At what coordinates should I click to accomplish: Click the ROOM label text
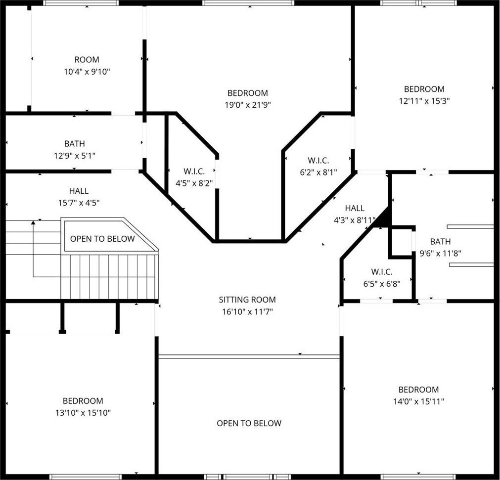pos(87,60)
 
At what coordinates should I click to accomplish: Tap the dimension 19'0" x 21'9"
pos(248,105)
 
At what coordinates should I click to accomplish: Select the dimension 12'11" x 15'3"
pos(424,101)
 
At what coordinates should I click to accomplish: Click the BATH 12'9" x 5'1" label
pos(75,149)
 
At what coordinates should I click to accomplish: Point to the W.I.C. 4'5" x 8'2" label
pos(194,177)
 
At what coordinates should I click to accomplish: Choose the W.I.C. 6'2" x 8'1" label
pos(318,166)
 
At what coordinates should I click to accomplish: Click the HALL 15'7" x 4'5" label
pos(79,197)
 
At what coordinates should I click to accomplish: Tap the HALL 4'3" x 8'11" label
pos(355,214)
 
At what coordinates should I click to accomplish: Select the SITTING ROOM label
pos(247,300)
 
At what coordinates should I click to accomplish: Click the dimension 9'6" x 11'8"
pos(440,254)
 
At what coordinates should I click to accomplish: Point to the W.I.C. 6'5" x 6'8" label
pos(382,278)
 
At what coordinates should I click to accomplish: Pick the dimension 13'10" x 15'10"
pos(83,413)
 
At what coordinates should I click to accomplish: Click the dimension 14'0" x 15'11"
pos(419,401)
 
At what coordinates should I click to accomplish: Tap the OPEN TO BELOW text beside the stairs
pos(102,239)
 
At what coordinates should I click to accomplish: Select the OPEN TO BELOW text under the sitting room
pos(249,423)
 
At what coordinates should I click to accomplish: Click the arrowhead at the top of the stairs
pos(33,222)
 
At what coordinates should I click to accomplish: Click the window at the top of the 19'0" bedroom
pos(248,3)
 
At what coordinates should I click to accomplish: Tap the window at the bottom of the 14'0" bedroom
pos(419,477)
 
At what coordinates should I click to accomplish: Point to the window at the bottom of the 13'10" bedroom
pos(86,477)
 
